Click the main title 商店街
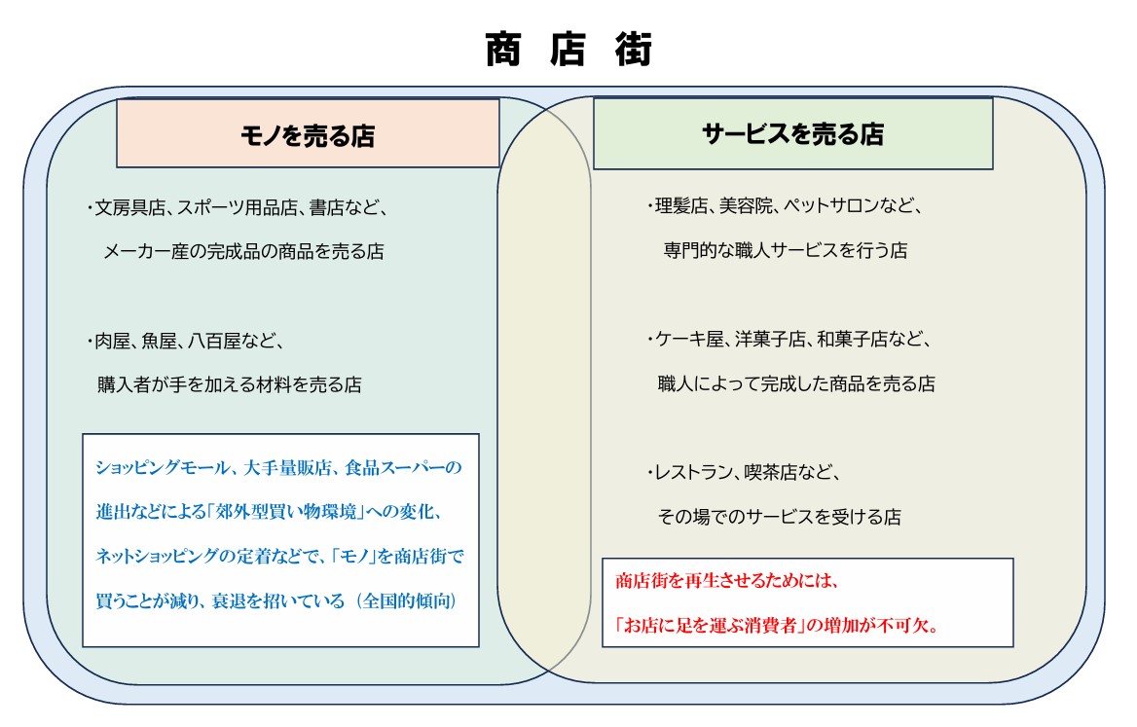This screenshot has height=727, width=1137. point(568,50)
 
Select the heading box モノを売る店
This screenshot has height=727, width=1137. point(308,134)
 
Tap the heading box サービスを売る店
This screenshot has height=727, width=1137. point(792,134)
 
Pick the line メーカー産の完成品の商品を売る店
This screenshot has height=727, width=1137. point(244,251)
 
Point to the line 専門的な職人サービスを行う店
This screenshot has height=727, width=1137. point(786,250)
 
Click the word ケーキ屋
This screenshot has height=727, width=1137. point(692,340)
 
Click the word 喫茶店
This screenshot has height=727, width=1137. point(776,473)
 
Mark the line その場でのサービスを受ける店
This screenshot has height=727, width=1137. point(779,517)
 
